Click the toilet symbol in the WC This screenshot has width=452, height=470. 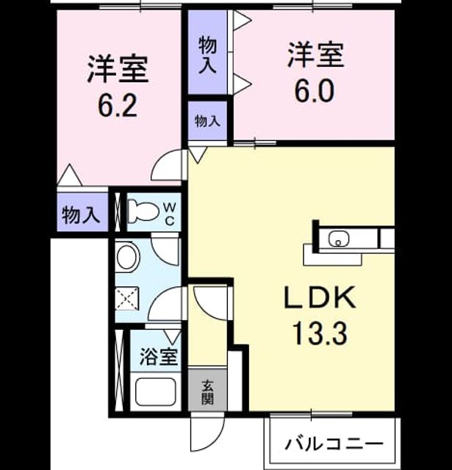tap(143, 212)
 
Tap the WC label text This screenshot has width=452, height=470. tap(170, 214)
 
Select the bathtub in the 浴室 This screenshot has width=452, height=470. tap(155, 392)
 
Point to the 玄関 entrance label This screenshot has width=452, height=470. tap(207, 392)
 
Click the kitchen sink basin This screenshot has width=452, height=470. tap(339, 239)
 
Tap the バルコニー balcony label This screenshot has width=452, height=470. tap(334, 444)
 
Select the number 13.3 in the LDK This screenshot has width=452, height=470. tap(320, 333)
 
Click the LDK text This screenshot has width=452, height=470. tap(320, 297)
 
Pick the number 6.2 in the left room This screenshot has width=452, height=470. tap(118, 106)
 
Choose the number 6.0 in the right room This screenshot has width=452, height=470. tap(314, 90)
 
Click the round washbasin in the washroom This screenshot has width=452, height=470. tap(128, 256)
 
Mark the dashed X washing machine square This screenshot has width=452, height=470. tap(127, 299)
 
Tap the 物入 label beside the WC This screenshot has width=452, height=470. tap(81, 215)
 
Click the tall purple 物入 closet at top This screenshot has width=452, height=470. tap(207, 52)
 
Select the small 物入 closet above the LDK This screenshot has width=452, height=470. tap(207, 120)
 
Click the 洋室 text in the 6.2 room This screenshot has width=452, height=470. tap(118, 69)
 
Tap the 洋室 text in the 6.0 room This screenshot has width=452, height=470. tap(315, 54)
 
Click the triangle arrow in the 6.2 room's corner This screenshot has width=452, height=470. tap(70, 175)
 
